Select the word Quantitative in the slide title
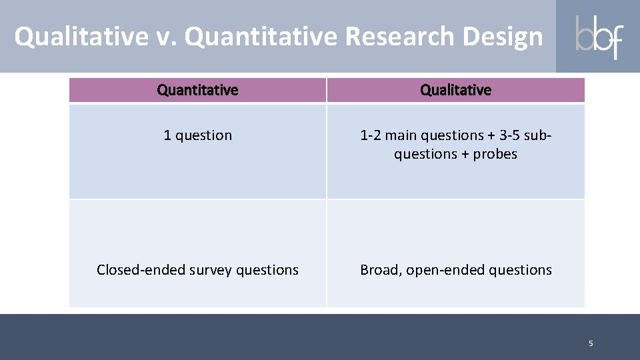[x=261, y=37]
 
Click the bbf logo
[x=598, y=37]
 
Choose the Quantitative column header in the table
[x=197, y=90]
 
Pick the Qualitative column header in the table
[x=455, y=90]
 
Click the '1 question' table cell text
[x=198, y=135]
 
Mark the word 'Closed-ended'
[x=137, y=270]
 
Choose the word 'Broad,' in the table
[x=381, y=270]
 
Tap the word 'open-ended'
[x=445, y=270]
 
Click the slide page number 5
[x=590, y=343]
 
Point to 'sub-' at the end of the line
[x=539, y=135]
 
